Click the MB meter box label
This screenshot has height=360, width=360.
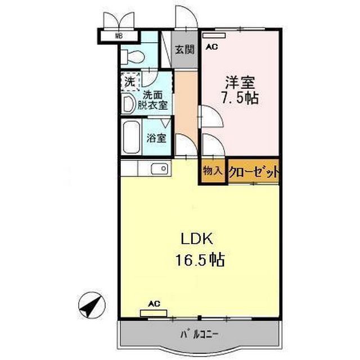(118, 37)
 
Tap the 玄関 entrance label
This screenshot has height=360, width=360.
(183, 49)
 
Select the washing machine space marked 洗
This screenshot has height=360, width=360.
(129, 82)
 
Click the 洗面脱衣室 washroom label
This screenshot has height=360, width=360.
(155, 100)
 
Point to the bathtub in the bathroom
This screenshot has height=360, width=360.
(132, 138)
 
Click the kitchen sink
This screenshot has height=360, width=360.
(159, 168)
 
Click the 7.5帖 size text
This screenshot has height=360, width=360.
(238, 98)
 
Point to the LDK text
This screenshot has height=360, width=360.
(196, 238)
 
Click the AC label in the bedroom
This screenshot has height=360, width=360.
(211, 48)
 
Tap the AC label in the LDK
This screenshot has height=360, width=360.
(154, 304)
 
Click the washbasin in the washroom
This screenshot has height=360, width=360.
(128, 103)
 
